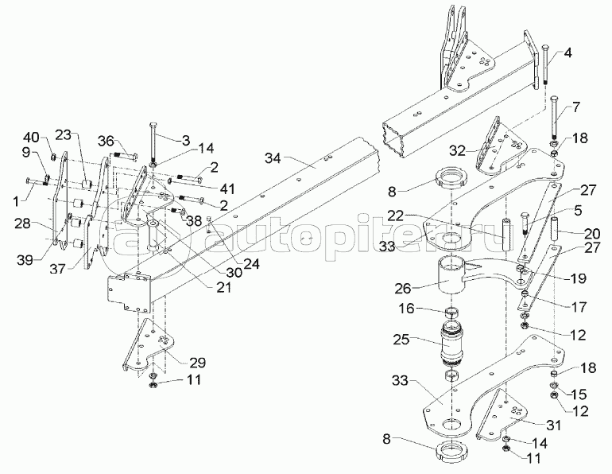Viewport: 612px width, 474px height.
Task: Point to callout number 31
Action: pos(553,425)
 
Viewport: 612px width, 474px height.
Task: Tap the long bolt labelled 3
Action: pos(151,143)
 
